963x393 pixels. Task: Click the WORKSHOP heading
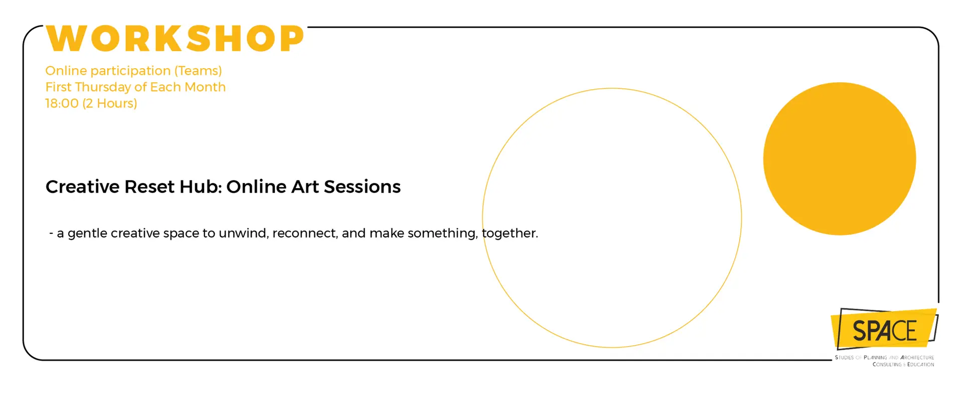175,39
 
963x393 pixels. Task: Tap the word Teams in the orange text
198,71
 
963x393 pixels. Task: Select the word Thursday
103,87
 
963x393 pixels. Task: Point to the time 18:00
62,103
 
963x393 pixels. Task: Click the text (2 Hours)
110,103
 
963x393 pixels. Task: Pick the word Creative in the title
83,187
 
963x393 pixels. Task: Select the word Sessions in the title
362,187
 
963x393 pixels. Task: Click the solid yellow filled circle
840,159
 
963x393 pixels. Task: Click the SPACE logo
884,329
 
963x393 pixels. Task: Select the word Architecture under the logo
917,358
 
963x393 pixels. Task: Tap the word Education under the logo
920,365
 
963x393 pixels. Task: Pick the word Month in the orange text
205,87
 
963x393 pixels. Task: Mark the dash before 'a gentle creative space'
51,233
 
